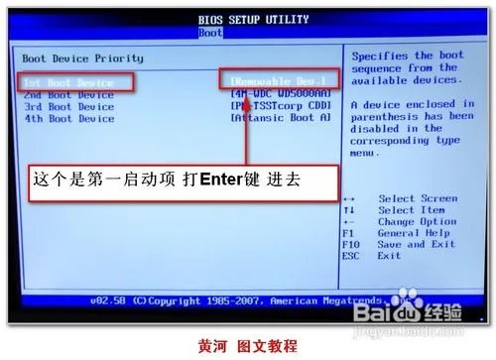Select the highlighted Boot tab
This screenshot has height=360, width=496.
click(210, 32)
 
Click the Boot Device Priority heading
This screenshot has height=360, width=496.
click(82, 59)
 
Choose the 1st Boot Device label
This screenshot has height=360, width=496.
click(69, 81)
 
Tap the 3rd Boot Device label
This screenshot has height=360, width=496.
click(69, 106)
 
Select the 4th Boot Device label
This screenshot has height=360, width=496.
click(69, 118)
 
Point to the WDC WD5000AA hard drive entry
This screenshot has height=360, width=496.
click(284, 93)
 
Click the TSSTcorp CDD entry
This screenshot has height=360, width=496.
click(284, 105)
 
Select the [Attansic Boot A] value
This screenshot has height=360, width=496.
click(281, 118)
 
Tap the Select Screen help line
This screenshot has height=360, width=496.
click(417, 199)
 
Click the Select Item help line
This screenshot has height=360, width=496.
click(410, 210)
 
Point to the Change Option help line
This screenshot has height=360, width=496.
click(417, 221)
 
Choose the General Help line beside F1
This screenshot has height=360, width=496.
click(413, 232)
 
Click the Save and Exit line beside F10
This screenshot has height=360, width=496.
click(417, 244)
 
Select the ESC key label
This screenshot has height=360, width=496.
click(351, 255)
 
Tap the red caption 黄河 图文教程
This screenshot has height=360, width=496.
click(248, 346)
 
